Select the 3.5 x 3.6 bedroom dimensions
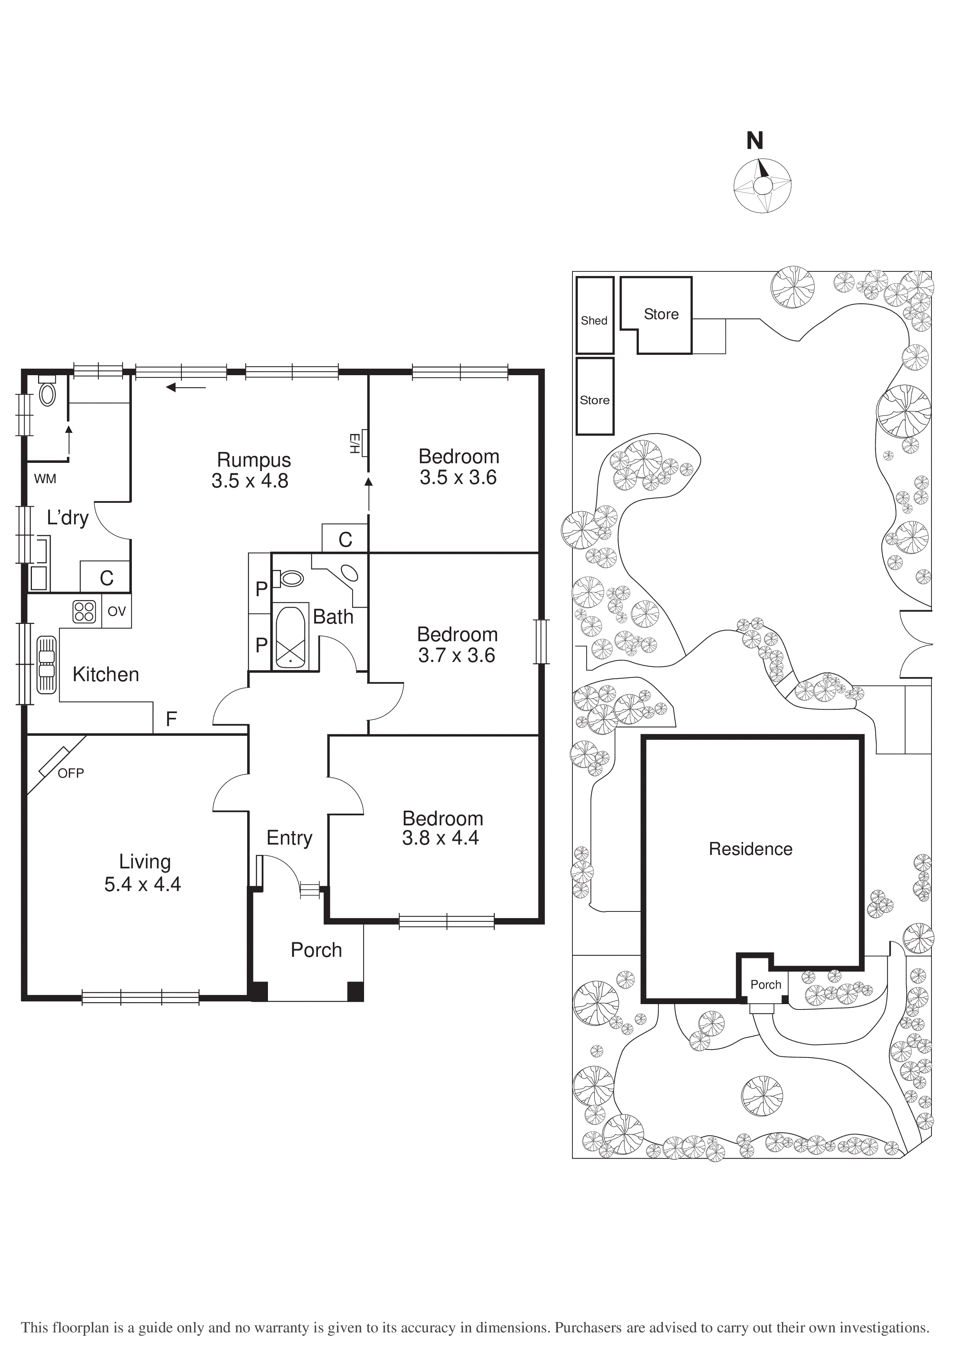pyautogui.click(x=458, y=477)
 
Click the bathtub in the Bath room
pyautogui.click(x=290, y=637)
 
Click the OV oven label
pyautogui.click(x=117, y=611)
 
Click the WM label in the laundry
pyautogui.click(x=45, y=479)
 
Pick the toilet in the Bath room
pyautogui.click(x=290, y=579)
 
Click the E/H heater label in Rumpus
pyautogui.click(x=354, y=444)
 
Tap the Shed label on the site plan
pyautogui.click(x=594, y=320)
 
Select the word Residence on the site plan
pyautogui.click(x=750, y=849)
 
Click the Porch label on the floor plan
pyautogui.click(x=316, y=950)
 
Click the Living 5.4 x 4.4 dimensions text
pyautogui.click(x=143, y=884)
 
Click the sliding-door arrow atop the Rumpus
pyautogui.click(x=186, y=387)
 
